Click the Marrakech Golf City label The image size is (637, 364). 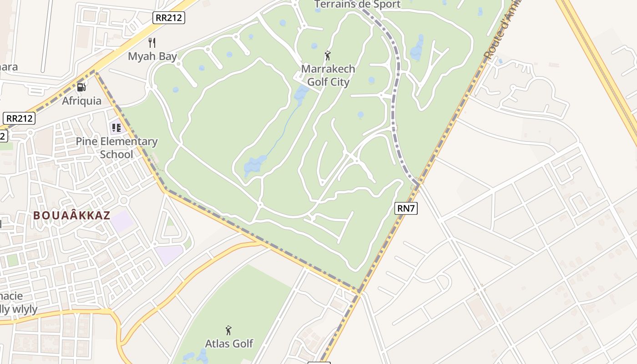pyautogui.click(x=328, y=76)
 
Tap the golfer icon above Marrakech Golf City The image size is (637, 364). pyautogui.click(x=328, y=56)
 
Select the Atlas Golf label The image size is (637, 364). pyautogui.click(x=229, y=343)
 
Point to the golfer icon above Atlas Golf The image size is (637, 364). pyautogui.click(x=229, y=330)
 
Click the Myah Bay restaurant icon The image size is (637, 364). pyautogui.click(x=152, y=43)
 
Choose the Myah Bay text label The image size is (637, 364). pyautogui.click(x=152, y=56)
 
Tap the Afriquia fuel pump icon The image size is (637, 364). pyautogui.click(x=81, y=87)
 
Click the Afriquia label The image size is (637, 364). pyautogui.click(x=82, y=101)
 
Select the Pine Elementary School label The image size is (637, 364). pyautogui.click(x=116, y=148)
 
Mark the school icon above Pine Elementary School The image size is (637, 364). pyautogui.click(x=116, y=128)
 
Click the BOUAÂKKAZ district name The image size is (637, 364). pyautogui.click(x=72, y=215)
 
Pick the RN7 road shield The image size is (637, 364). pyautogui.click(x=406, y=208)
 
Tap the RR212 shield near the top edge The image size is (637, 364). pyautogui.click(x=168, y=18)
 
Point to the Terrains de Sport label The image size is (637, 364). pyautogui.click(x=358, y=5)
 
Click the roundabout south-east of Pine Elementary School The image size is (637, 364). pyautogui.click(x=124, y=201)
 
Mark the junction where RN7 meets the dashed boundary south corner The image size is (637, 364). pyautogui.click(x=359, y=291)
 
